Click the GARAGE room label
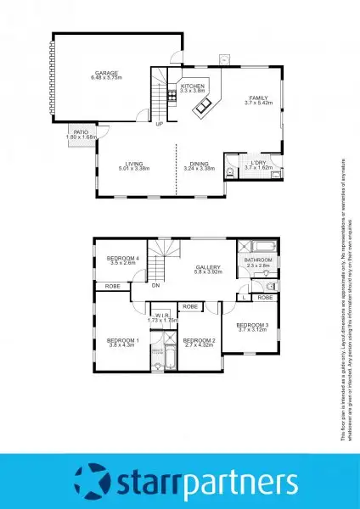(106, 74)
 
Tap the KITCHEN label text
(193, 87)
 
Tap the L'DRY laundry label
(258, 164)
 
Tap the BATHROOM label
(258, 260)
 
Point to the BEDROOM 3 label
(253, 325)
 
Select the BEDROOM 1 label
(122, 340)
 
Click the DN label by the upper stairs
(156, 286)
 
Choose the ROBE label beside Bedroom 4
(112, 287)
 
